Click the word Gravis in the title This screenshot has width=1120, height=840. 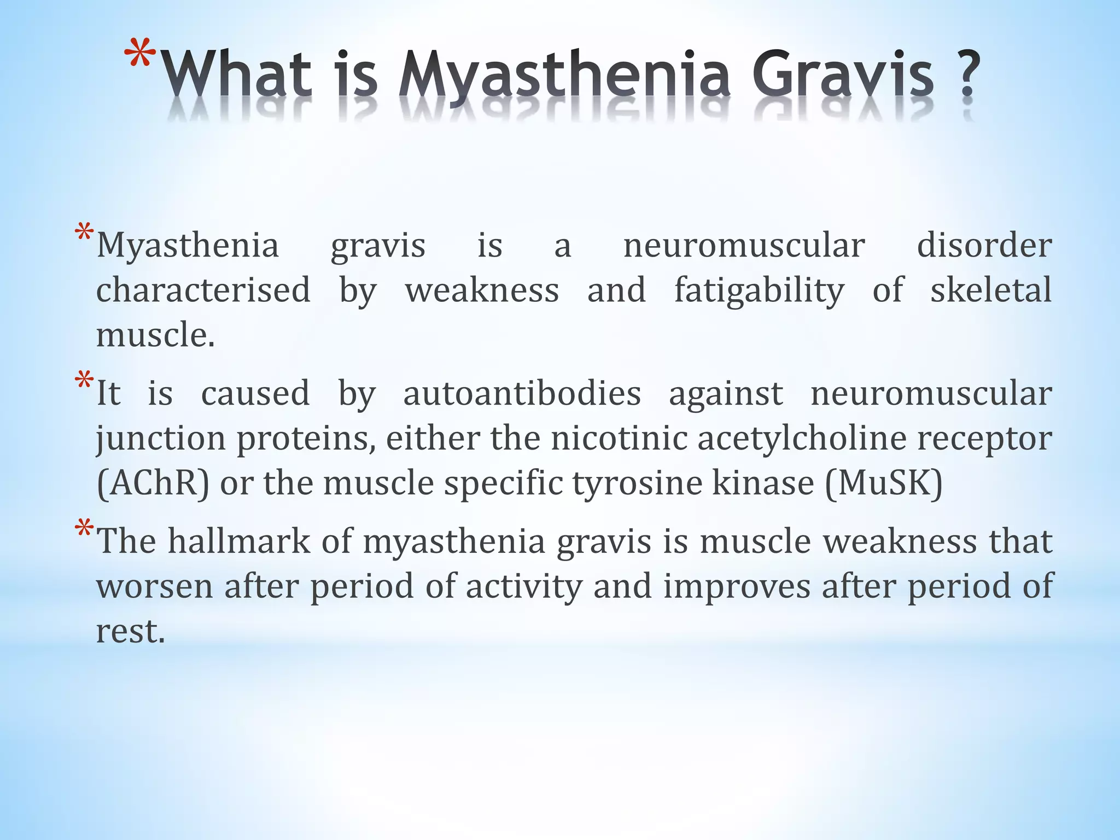pyautogui.click(x=843, y=76)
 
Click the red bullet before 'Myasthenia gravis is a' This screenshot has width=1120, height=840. pyautogui.click(x=84, y=233)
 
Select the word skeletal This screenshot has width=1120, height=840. pyautogui.click(x=991, y=290)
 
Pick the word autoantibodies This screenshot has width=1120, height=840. pyautogui.click(x=522, y=393)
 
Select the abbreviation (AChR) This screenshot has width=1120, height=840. pyautogui.click(x=153, y=483)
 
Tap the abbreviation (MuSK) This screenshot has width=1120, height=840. pyautogui.click(x=884, y=483)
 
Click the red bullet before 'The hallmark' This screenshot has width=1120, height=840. pyautogui.click(x=84, y=529)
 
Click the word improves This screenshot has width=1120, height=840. pyautogui.click(x=737, y=586)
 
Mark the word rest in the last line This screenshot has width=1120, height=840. pyautogui.click(x=130, y=631)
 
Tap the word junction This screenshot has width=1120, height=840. pyautogui.click(x=161, y=439)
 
